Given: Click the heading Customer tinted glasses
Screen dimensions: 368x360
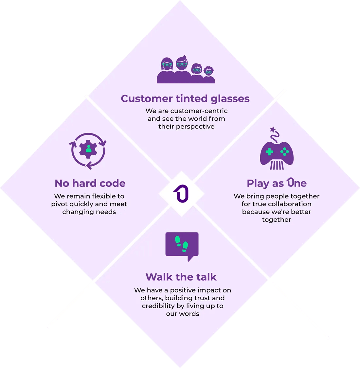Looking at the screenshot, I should [185, 98].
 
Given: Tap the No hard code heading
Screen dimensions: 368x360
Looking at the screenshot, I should [90, 183].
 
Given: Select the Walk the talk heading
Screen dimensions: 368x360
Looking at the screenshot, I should [181, 277].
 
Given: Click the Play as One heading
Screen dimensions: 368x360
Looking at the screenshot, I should [277, 183].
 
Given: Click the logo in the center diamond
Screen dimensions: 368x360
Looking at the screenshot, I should [181, 194].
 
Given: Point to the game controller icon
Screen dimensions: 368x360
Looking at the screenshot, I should [277, 153].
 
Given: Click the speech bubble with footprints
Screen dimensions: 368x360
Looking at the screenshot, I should [182, 245].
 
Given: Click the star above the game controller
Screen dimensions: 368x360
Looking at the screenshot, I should [272, 130].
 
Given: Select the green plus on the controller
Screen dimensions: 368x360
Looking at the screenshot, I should [269, 151].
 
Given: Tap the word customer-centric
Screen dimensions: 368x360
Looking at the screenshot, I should [199, 111].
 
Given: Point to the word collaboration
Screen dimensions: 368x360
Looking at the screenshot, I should [290, 204].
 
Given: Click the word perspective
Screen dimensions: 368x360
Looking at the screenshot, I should [195, 127].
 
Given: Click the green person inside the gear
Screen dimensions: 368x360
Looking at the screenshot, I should [88, 149].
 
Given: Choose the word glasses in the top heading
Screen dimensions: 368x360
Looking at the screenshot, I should [230, 98].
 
